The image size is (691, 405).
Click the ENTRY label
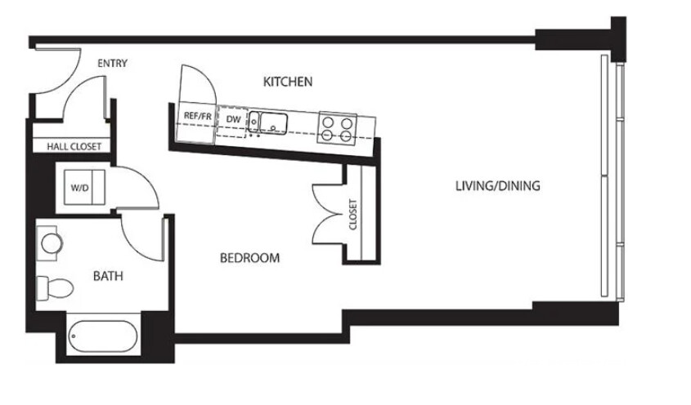(112, 64)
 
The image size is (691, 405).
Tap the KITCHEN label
(288, 81)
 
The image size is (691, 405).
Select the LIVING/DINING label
(497, 185)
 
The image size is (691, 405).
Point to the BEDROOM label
(249, 258)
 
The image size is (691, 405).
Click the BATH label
(107, 276)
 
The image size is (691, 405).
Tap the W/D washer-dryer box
(82, 188)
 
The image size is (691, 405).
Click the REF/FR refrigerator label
(198, 117)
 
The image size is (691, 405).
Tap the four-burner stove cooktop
(338, 126)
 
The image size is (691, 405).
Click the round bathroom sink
(52, 243)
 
